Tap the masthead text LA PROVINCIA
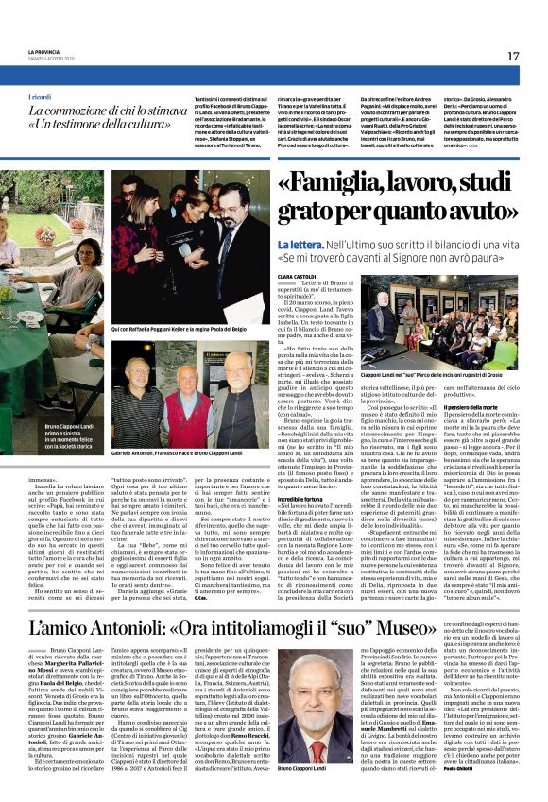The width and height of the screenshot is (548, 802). [x=43, y=52]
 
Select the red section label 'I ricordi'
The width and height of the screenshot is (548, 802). [x=41, y=97]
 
